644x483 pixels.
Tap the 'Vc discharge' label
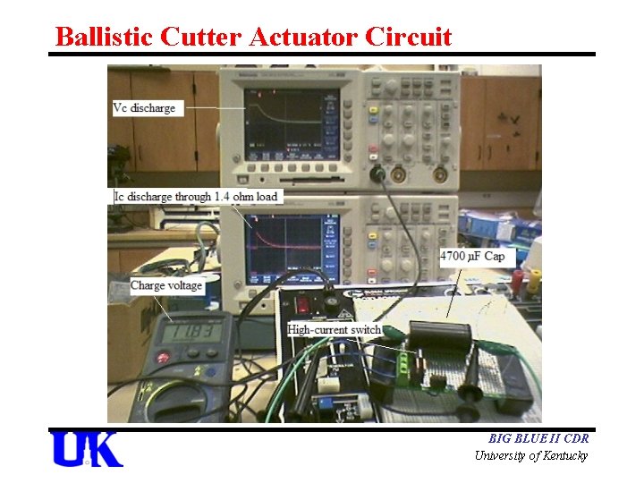click(144, 108)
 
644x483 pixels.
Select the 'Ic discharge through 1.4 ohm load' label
click(196, 197)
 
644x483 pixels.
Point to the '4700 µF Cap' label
click(472, 257)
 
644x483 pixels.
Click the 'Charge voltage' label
click(166, 286)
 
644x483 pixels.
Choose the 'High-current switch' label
click(335, 330)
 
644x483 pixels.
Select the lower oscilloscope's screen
click(284, 244)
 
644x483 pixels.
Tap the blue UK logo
click(87, 449)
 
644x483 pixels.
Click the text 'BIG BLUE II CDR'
click(538, 439)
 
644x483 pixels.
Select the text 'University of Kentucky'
click(531, 456)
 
